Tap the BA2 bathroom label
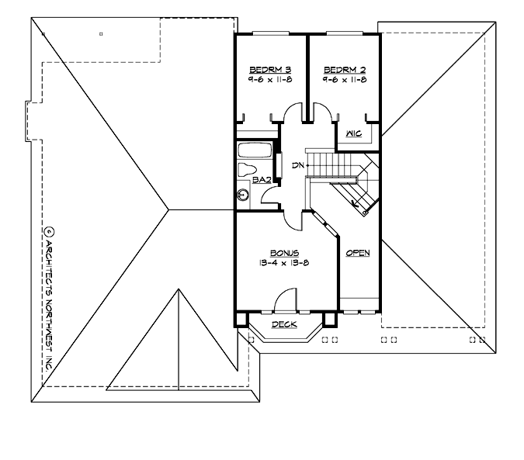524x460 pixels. click(261, 180)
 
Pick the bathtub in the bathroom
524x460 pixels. click(253, 150)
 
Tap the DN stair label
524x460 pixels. click(297, 166)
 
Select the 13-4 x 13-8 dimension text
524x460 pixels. click(285, 264)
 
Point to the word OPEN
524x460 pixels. click(358, 253)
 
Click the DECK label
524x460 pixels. click(283, 324)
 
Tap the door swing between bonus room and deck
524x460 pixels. click(286, 300)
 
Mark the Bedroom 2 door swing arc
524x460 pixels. click(325, 115)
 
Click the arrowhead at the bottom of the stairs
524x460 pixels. click(355, 204)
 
